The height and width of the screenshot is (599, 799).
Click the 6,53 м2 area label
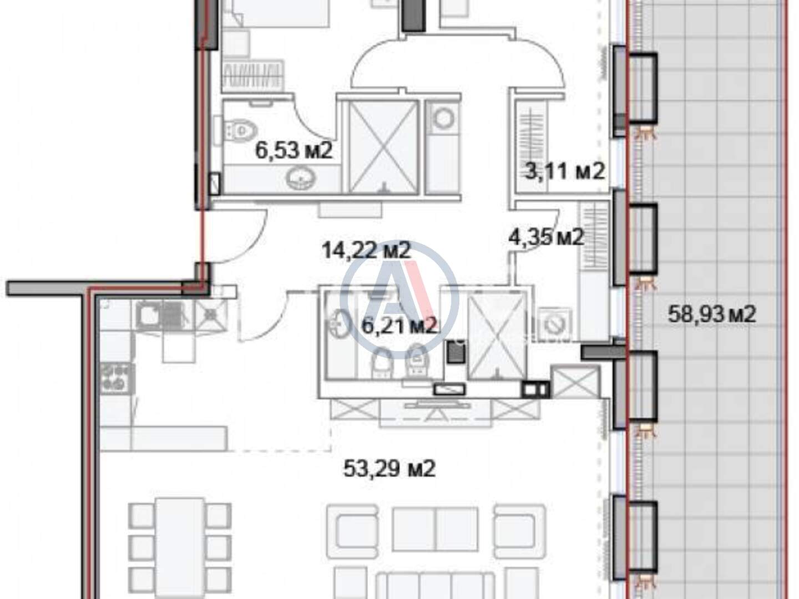pyautogui.click(x=294, y=150)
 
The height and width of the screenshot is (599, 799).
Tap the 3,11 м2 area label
pyautogui.click(x=564, y=171)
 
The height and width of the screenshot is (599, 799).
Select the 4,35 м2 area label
pyautogui.click(x=546, y=237)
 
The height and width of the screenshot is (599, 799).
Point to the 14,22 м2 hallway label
pyautogui.click(x=367, y=251)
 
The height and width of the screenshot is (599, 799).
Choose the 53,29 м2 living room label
pyautogui.click(x=389, y=469)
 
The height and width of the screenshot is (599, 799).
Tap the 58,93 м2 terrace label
pyautogui.click(x=712, y=314)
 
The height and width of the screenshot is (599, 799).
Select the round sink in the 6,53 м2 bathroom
pyautogui.click(x=301, y=179)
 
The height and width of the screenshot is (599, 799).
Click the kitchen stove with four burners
pyautogui.click(x=116, y=379)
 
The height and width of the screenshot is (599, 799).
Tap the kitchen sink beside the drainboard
pyautogui.click(x=147, y=316)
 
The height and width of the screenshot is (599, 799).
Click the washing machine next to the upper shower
pyautogui.click(x=444, y=119)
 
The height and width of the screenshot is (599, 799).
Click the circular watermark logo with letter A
pyautogui.click(x=399, y=299)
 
